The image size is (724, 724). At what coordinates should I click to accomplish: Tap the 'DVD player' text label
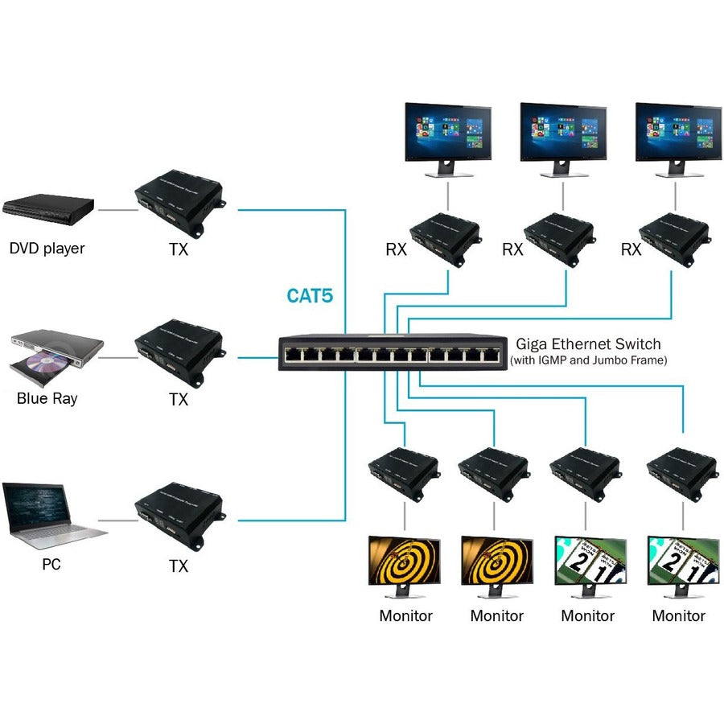pos(47,248)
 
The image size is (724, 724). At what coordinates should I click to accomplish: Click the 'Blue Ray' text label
pos(47,398)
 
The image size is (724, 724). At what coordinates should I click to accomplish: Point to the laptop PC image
pos(52,515)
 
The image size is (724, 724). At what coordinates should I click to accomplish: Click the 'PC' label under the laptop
pos(51,565)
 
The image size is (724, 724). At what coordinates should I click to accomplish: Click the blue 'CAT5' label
pos(311,296)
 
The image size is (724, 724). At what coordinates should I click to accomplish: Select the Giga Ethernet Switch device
pos(393,352)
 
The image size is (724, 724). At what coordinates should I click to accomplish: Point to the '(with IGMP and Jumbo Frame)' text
pos(589,360)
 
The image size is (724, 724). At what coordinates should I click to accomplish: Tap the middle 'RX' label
pos(512,249)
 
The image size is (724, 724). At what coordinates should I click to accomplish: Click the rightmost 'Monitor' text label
pos(678,616)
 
